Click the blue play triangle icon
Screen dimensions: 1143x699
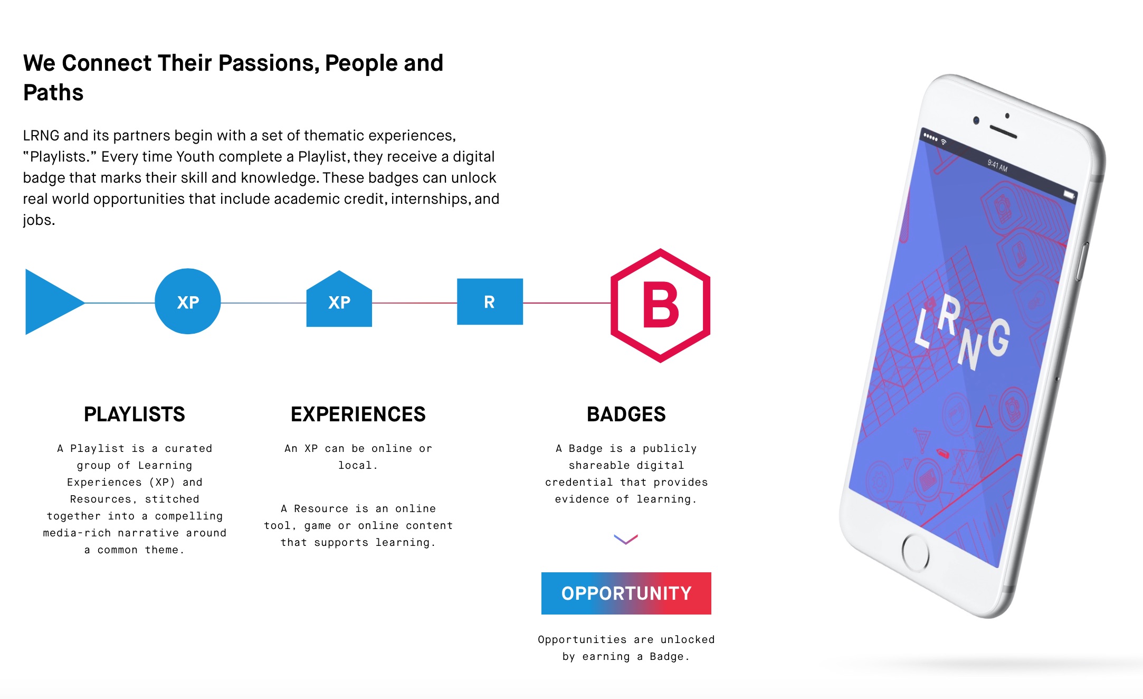[50, 302]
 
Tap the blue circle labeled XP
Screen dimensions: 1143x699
[188, 301]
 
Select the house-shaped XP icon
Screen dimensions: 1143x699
[339, 299]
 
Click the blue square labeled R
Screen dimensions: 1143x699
[490, 301]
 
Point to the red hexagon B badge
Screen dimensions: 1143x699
[660, 306]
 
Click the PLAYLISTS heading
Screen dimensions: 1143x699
[135, 414]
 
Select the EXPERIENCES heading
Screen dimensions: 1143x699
[358, 414]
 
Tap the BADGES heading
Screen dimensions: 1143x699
[626, 414]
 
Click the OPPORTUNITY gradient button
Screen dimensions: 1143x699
[626, 593]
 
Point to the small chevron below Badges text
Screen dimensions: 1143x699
[626, 539]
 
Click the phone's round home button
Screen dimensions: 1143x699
[916, 553]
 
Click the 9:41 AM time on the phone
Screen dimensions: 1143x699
[997, 166]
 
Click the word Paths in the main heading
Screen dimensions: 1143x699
[53, 92]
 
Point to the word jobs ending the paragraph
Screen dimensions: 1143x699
[39, 220]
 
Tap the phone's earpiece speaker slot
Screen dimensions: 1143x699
[1003, 132]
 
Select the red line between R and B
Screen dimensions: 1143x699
[567, 303]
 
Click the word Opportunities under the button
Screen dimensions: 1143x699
[582, 640]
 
